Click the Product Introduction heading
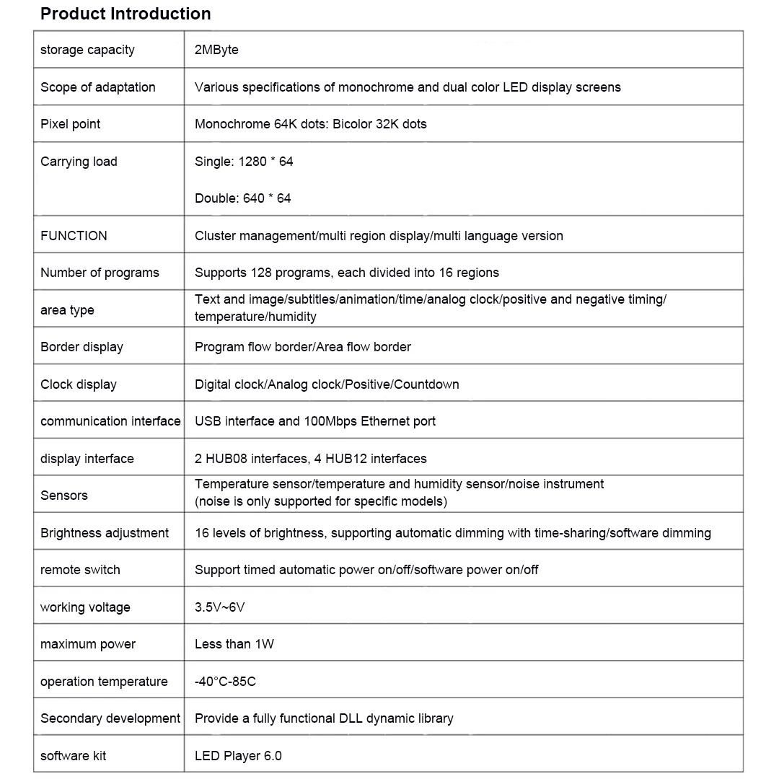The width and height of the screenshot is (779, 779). point(126,14)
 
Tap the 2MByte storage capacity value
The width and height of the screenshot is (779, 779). point(216,50)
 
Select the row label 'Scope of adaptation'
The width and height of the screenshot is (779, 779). point(98,87)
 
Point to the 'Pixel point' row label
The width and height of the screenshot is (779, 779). point(71,124)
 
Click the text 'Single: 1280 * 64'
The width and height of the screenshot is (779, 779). point(244,162)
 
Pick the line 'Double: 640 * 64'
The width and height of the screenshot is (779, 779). point(243,198)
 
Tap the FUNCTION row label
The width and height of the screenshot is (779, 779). point(74,236)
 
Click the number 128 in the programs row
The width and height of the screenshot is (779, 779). point(260,273)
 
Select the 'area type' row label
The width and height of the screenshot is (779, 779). point(67,310)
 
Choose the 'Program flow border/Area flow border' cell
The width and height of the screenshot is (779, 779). point(303,347)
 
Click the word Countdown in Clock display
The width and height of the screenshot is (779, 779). point(427,384)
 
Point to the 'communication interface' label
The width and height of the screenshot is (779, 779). point(110,421)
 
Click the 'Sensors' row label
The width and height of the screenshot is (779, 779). point(64,496)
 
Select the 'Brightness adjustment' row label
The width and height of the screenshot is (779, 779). point(105,533)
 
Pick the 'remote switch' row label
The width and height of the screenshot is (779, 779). point(80,570)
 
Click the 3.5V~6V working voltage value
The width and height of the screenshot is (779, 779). point(220,607)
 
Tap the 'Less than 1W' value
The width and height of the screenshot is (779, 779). point(234,644)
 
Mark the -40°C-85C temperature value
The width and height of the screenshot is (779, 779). point(225,682)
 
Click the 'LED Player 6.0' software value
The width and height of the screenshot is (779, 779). point(238,756)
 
